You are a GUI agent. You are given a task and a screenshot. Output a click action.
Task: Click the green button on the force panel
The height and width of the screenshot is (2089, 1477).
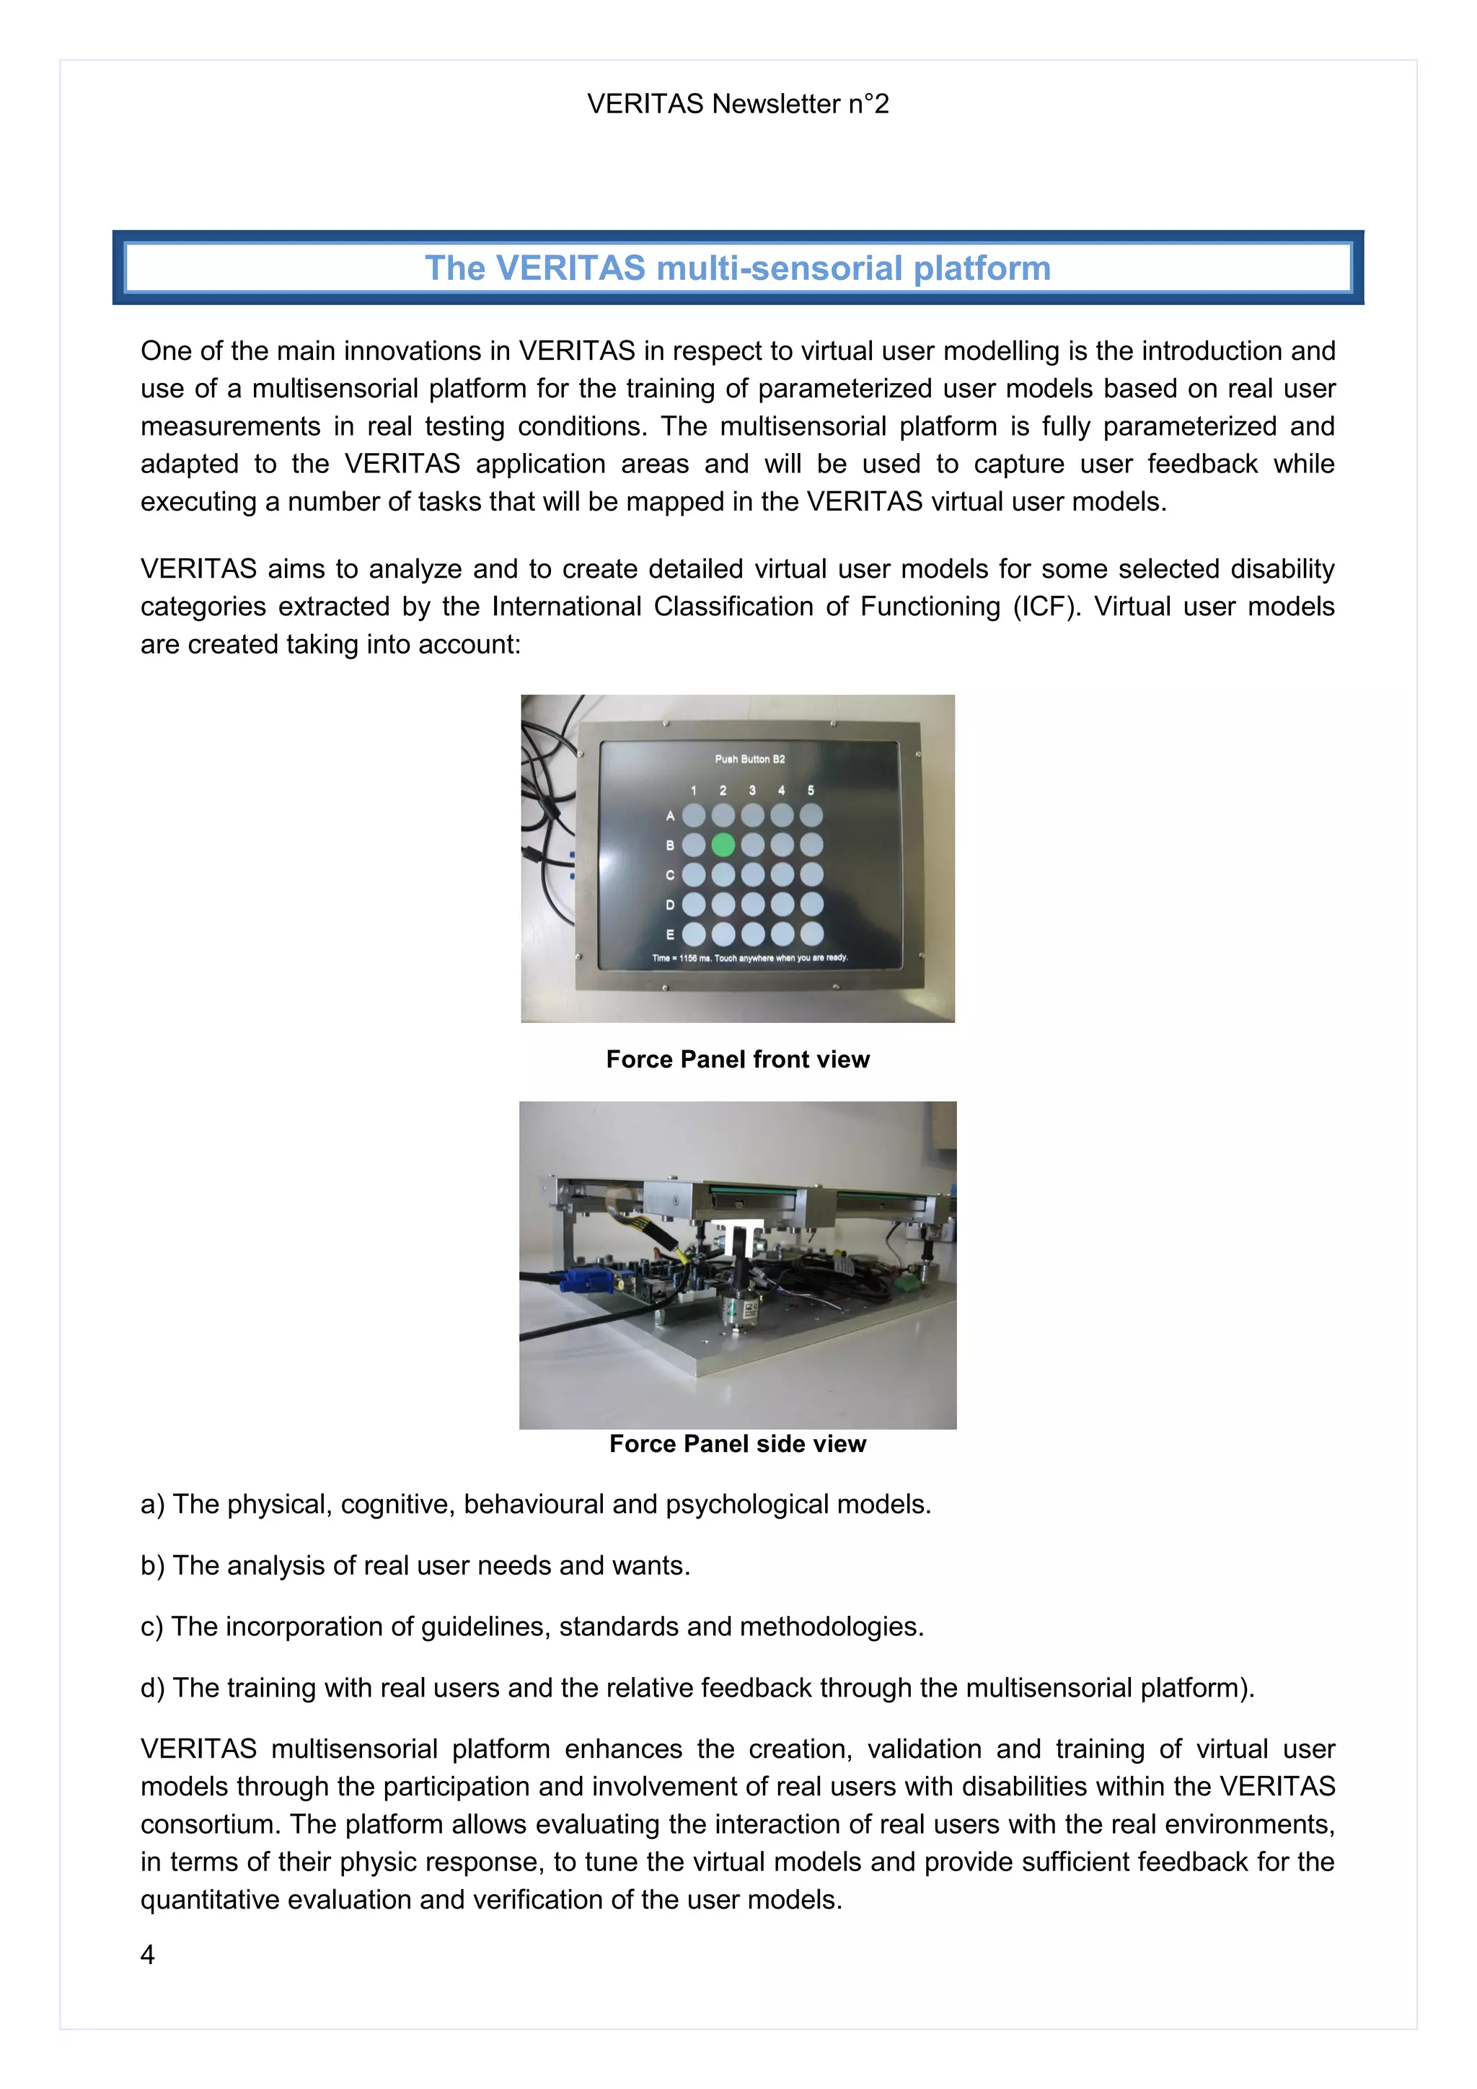[x=723, y=845]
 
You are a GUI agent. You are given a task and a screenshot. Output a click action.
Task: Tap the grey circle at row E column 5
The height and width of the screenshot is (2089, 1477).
[x=811, y=933]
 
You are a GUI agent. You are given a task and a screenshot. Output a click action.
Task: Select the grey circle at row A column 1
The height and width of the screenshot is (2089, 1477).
[x=693, y=815]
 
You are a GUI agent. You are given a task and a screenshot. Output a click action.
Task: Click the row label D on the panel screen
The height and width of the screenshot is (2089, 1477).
[x=670, y=905]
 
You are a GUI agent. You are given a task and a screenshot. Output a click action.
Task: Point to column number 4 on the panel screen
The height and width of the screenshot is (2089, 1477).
[x=781, y=791]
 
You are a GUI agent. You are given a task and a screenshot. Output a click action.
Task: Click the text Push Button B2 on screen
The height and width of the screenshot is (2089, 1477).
[x=749, y=759]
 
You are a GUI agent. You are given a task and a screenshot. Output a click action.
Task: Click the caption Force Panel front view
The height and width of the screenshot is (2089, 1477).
[x=738, y=1059]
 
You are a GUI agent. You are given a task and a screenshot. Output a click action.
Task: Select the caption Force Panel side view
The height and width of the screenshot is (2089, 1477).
[x=738, y=1444]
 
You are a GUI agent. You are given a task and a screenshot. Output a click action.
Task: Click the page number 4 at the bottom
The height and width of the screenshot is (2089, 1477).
[x=147, y=1954]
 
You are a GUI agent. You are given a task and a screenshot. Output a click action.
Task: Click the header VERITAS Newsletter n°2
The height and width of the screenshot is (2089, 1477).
[x=738, y=104]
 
